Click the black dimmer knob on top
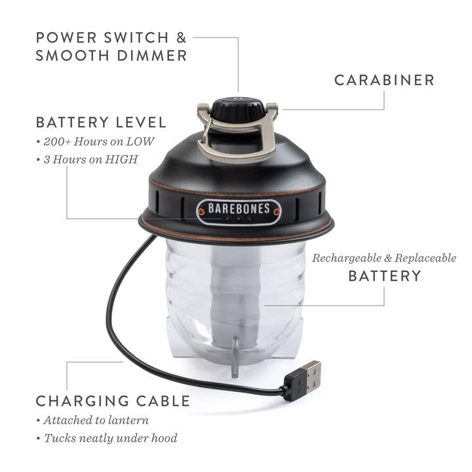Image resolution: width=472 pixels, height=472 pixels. click(237, 109)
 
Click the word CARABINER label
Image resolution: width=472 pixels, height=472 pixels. click(384, 80)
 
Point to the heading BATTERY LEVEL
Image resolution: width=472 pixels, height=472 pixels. click(101, 123)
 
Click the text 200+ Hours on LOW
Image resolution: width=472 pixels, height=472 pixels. click(98, 142)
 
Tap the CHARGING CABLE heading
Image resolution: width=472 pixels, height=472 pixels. click(113, 401)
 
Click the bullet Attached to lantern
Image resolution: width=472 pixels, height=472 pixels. click(96, 420)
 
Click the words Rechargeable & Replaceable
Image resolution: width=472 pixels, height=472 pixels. click(383, 258)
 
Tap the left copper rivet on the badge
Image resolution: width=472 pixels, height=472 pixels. click(201, 212)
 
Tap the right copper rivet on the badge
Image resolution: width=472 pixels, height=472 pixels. click(277, 212)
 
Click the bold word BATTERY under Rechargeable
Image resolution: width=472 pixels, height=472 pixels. click(385, 276)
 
